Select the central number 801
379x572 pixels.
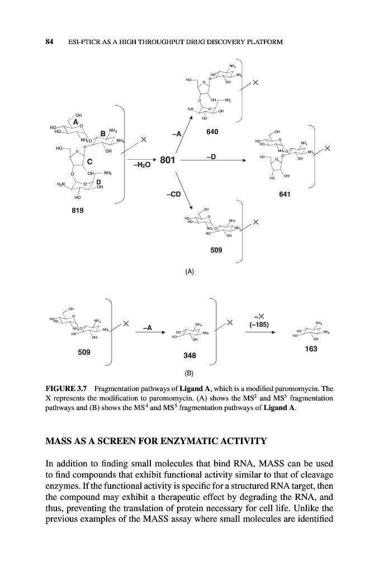click(x=167, y=161)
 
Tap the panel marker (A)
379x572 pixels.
click(x=190, y=271)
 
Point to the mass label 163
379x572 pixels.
click(x=311, y=349)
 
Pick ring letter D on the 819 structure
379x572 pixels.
click(x=98, y=182)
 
